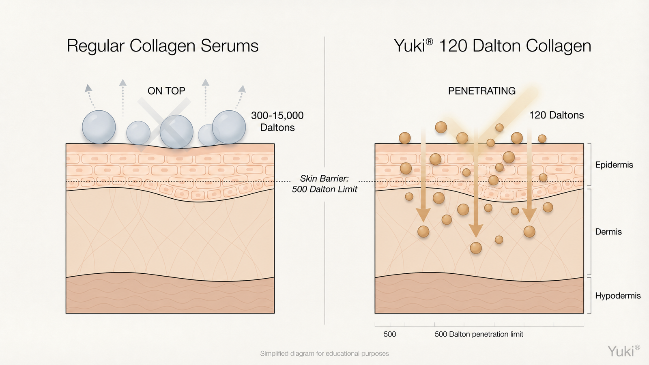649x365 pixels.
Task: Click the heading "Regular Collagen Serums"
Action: pyautogui.click(x=163, y=46)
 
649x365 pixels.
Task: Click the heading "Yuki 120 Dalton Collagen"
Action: pyautogui.click(x=492, y=46)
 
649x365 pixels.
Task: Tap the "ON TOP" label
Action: pyautogui.click(x=166, y=91)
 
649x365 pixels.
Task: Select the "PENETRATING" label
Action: pyautogui.click(x=482, y=91)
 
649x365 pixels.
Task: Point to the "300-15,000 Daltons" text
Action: pyautogui.click(x=277, y=121)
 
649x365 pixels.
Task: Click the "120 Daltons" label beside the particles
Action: pyautogui.click(x=557, y=115)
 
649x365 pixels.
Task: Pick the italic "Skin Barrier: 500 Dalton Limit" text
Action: pyautogui.click(x=324, y=184)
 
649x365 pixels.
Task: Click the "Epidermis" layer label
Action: pyautogui.click(x=614, y=165)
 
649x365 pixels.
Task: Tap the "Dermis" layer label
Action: pyautogui.click(x=608, y=232)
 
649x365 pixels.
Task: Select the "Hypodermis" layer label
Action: pyautogui.click(x=618, y=296)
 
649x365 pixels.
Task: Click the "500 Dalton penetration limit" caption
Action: pyautogui.click(x=479, y=334)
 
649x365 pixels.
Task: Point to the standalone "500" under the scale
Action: pyautogui.click(x=390, y=334)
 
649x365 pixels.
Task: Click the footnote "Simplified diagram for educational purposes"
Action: pyautogui.click(x=324, y=353)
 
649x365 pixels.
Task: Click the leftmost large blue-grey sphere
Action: pyautogui.click(x=99, y=127)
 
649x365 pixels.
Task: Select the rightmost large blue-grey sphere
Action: pyautogui.click(x=229, y=127)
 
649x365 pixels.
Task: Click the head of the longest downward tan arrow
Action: pyautogui.click(x=476, y=231)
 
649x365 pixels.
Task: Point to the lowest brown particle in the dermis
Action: pyautogui.click(x=476, y=248)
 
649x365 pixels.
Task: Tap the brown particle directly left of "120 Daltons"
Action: pyautogui.click(x=499, y=127)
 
